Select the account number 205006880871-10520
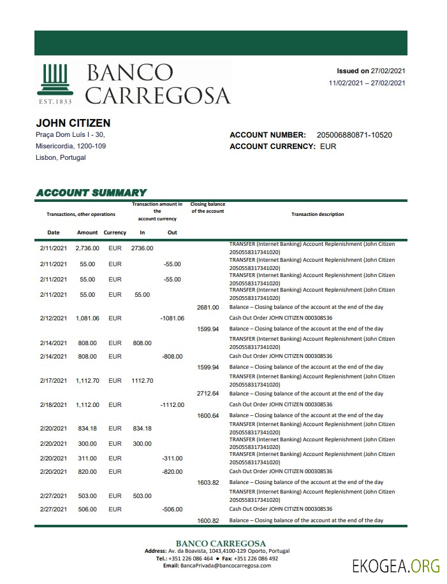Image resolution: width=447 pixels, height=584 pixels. point(354,135)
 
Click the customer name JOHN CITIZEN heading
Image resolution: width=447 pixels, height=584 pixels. point(73,123)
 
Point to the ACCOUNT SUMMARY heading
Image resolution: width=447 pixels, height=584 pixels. point(91,192)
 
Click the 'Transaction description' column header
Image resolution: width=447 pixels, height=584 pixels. point(318,215)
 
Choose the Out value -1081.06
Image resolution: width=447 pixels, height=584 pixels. point(172,318)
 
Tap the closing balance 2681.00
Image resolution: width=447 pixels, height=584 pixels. point(208,307)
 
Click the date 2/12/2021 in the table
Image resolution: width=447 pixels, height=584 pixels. point(54,318)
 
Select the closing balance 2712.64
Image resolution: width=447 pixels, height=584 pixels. point(208,394)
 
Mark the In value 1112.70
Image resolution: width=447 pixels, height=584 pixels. point(142,381)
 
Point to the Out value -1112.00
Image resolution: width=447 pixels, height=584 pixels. point(172,404)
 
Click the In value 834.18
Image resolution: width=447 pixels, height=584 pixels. point(142,429)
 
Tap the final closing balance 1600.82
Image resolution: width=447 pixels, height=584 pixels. point(208,520)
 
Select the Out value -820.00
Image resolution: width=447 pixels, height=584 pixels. point(172,471)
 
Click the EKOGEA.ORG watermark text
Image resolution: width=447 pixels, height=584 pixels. point(396,564)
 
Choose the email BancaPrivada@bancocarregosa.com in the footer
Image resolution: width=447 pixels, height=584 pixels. point(221,566)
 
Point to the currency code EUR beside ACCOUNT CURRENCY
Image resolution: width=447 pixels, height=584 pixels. point(328,146)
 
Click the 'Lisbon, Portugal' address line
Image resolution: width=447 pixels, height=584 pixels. point(61,157)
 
